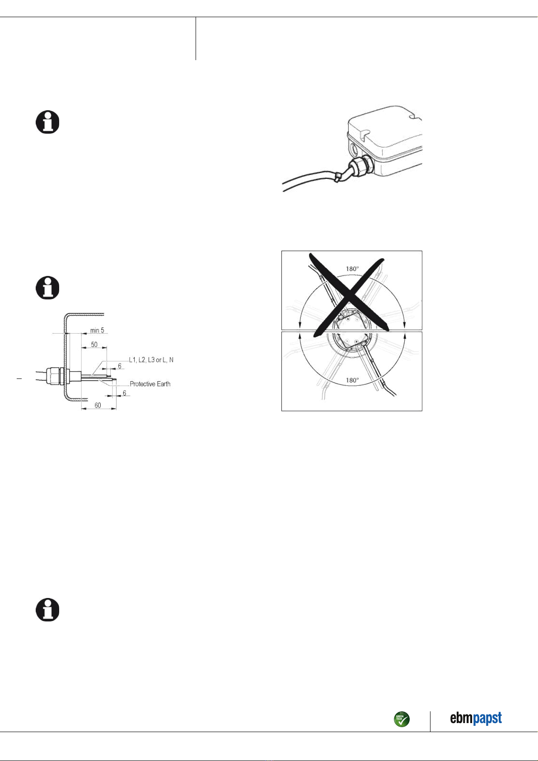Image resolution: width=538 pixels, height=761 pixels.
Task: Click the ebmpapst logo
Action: [x=476, y=719]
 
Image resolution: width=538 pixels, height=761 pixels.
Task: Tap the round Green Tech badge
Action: [x=402, y=719]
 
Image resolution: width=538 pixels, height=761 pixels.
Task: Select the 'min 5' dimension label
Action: [x=97, y=330]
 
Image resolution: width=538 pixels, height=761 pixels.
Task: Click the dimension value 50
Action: [x=94, y=345]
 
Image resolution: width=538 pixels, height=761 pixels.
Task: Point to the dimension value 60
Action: [x=98, y=405]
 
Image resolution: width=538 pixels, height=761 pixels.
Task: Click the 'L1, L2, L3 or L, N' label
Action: [x=151, y=360]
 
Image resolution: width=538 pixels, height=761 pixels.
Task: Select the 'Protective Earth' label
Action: [x=150, y=384]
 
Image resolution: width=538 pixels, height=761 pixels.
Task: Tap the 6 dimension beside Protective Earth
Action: [x=124, y=393]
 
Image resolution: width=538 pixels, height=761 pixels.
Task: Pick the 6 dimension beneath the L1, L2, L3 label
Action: [x=120, y=366]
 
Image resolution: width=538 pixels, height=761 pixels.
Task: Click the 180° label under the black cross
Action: [x=352, y=269]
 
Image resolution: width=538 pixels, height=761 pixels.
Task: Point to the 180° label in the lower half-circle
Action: [x=352, y=380]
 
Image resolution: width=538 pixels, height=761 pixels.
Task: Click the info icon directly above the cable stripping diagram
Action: [x=47, y=287]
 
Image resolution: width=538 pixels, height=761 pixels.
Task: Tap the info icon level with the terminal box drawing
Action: [x=47, y=122]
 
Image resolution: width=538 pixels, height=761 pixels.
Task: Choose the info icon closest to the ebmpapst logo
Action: [x=47, y=610]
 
